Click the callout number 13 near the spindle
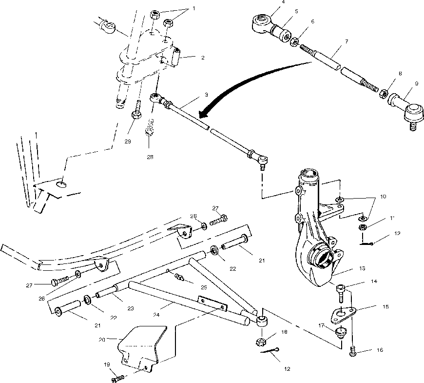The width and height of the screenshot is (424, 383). click(362, 268)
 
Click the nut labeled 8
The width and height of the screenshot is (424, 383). click(383, 92)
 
